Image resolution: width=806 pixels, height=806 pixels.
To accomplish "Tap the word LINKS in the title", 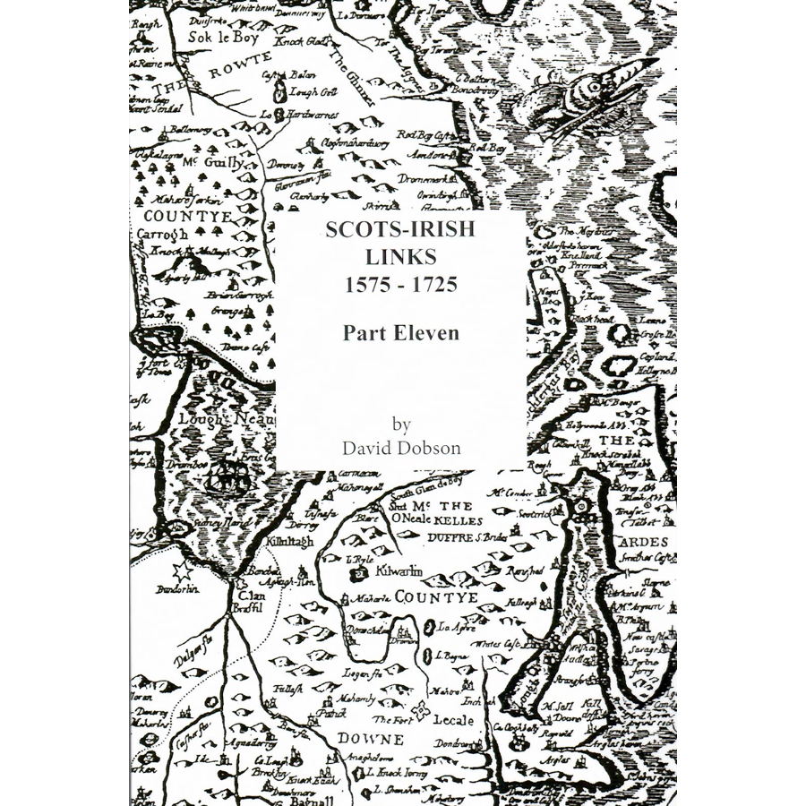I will (x=400, y=257).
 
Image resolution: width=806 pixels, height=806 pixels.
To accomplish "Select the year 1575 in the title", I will (x=364, y=286).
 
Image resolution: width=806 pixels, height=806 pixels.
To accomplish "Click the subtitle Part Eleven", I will (x=400, y=333).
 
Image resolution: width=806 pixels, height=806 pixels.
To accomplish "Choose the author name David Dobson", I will (x=400, y=447).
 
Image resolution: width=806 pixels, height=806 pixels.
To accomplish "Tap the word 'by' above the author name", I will (x=400, y=423).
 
